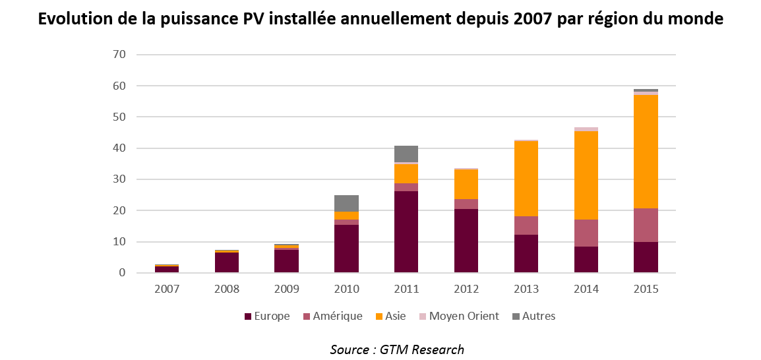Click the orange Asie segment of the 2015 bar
point(646,152)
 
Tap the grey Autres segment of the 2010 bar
point(346,203)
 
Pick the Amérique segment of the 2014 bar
point(586,233)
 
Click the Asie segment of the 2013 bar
point(526,178)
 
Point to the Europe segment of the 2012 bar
point(466,241)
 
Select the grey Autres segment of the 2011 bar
point(406,154)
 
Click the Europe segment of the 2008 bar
point(227,262)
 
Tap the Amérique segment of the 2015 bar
point(646,225)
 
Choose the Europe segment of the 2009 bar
point(287,261)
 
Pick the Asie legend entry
point(394,316)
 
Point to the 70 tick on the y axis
point(119,54)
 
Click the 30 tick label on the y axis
point(119,179)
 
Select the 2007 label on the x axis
point(167,289)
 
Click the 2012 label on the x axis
point(466,289)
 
